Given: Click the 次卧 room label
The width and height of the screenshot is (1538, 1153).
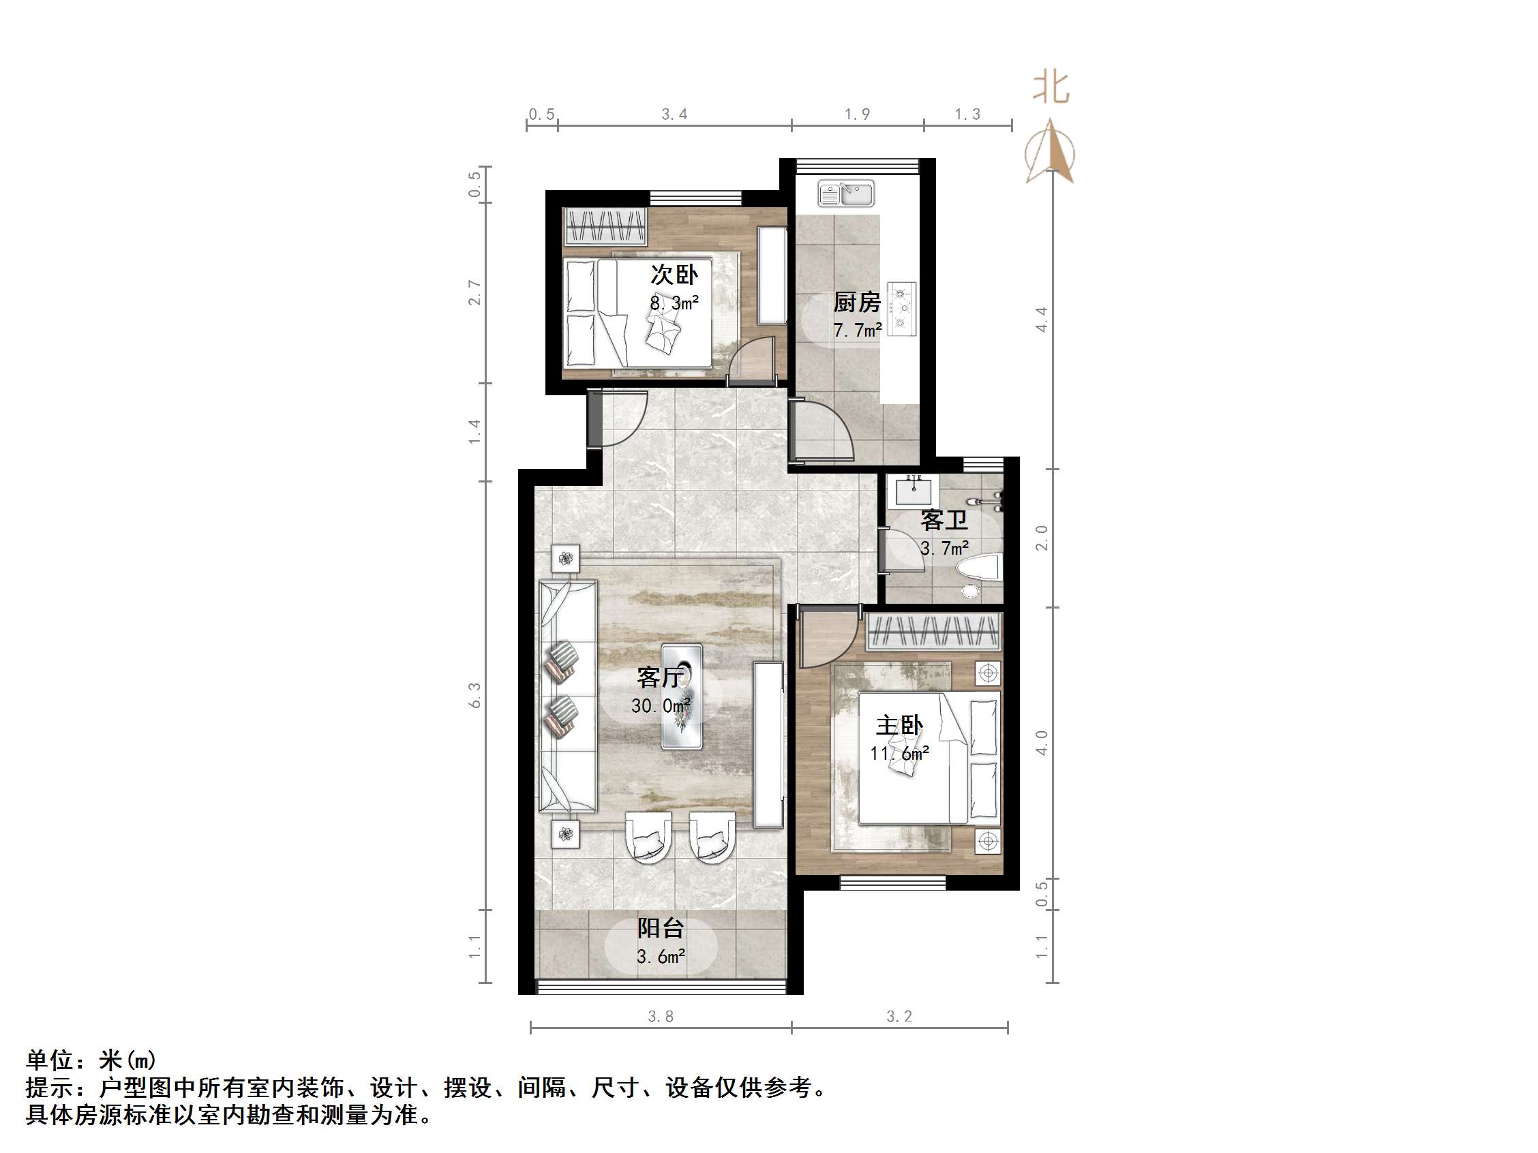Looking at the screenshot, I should point(674,275).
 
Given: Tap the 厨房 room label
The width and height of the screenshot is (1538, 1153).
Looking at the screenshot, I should point(857,303).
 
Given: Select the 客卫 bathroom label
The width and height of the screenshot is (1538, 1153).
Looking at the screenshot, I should point(944,520).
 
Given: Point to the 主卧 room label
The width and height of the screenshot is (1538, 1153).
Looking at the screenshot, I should point(899,726).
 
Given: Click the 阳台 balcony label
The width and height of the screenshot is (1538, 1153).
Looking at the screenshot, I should point(661,928).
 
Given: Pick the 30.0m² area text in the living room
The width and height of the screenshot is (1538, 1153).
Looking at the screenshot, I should point(661,706).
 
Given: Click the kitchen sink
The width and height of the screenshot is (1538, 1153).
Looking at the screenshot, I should point(846,194).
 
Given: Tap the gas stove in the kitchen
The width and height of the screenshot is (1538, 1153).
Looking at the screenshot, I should point(902,306).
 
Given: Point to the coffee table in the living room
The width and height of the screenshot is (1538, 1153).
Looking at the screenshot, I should point(681,696).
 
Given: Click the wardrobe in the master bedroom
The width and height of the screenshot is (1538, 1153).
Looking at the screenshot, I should point(933,632).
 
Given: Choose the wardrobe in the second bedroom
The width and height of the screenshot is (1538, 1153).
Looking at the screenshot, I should point(605,226).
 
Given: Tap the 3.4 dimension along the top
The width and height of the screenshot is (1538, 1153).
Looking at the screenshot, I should point(674,114).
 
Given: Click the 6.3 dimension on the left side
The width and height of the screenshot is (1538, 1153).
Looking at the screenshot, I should point(475,695).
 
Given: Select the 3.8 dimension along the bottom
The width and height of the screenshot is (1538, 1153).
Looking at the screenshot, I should point(661,1017).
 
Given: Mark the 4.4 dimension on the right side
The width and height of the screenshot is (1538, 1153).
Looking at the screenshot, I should point(1042,319).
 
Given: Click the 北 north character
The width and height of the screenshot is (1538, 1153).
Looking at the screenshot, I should point(1050,89).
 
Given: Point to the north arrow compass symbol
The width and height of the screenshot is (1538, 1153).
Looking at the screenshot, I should point(1050,153).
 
